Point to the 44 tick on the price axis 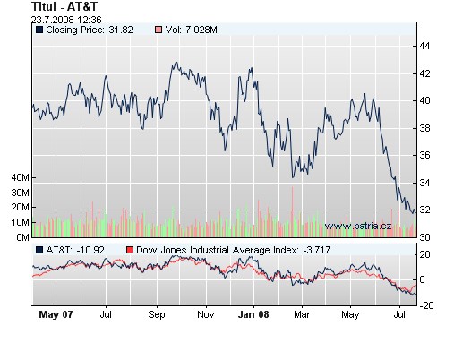426,46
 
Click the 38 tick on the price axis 426,128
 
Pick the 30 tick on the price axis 426,237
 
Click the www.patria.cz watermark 357,227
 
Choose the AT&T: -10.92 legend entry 74,250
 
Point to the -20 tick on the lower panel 428,305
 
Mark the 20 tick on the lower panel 426,255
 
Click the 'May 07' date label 56,315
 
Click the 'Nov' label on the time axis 206,315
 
